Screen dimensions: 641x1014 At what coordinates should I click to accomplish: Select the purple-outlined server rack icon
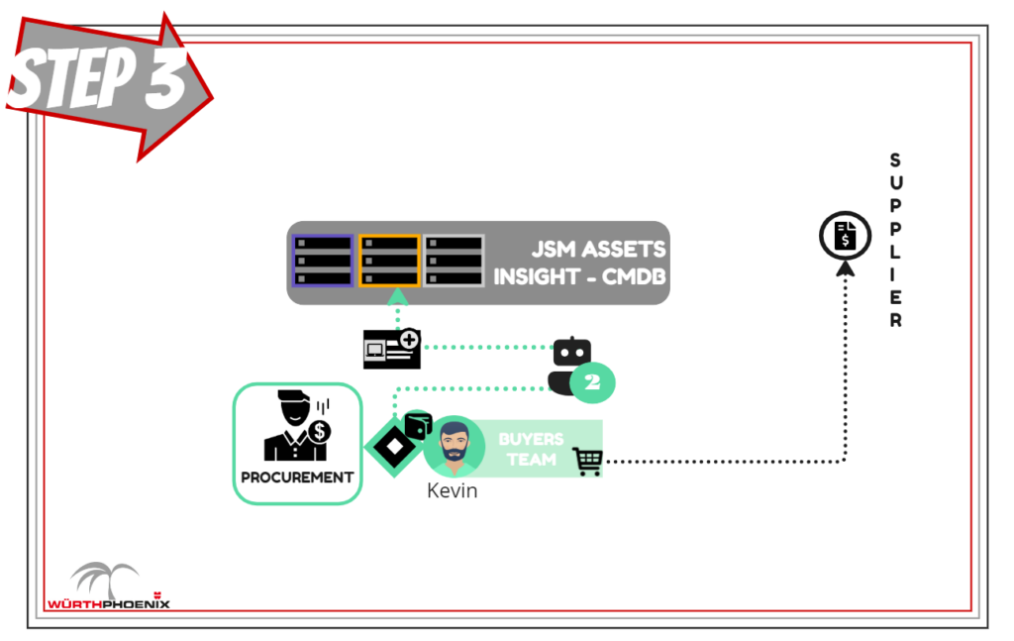point(323,261)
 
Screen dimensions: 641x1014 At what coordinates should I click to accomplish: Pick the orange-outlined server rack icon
point(389,261)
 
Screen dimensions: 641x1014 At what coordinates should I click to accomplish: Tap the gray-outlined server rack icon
point(455,261)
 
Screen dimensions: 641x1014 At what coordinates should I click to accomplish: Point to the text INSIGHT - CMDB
point(579,276)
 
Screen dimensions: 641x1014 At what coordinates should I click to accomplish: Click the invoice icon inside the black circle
point(845,236)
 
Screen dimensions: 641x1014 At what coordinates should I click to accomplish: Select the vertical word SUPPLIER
point(895,241)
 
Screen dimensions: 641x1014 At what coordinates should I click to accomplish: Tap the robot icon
point(570,365)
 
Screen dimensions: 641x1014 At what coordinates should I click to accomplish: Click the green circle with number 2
point(593,383)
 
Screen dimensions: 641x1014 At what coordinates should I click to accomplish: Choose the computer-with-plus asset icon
point(392,348)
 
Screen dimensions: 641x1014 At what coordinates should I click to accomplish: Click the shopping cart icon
point(587,461)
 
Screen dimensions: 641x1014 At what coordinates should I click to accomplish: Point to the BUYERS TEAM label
point(531,449)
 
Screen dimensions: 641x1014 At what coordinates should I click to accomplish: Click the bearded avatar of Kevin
point(455,447)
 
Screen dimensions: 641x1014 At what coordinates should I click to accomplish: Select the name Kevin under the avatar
point(452,490)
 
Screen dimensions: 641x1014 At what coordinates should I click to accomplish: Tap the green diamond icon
point(393,447)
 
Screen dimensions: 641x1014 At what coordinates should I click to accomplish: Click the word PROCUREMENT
point(297,477)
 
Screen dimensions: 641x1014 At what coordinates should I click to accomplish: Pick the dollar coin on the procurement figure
point(318,432)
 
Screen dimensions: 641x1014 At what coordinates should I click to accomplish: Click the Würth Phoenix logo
point(108,588)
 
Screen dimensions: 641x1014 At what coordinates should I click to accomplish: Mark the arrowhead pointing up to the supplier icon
point(845,267)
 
